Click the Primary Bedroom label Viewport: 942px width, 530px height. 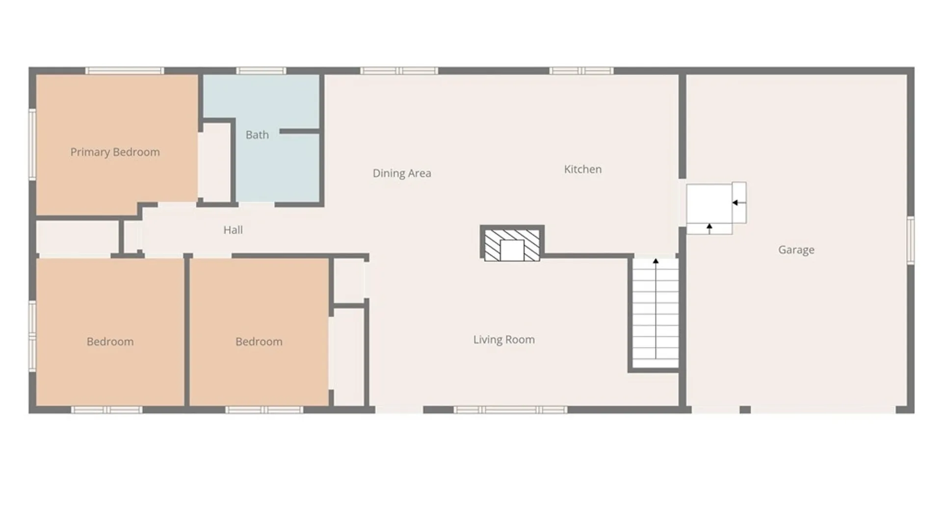click(115, 152)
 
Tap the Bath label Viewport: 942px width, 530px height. click(257, 134)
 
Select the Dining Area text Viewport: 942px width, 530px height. click(402, 173)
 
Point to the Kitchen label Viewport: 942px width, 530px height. click(583, 169)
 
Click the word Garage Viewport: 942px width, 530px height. click(796, 250)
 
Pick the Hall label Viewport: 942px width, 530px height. click(233, 230)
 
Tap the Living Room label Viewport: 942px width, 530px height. click(504, 340)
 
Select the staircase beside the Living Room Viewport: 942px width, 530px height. click(655, 313)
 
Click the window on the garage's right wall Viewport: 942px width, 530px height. click(911, 240)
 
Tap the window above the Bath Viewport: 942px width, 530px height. click(261, 71)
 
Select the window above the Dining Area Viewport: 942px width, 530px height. click(399, 71)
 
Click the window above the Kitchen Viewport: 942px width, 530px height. click(581, 71)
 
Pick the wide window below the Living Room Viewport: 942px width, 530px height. click(510, 410)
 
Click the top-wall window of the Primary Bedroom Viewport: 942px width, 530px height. click(125, 71)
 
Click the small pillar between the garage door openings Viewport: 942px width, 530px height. click(745, 410)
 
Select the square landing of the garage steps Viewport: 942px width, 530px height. click(709, 203)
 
